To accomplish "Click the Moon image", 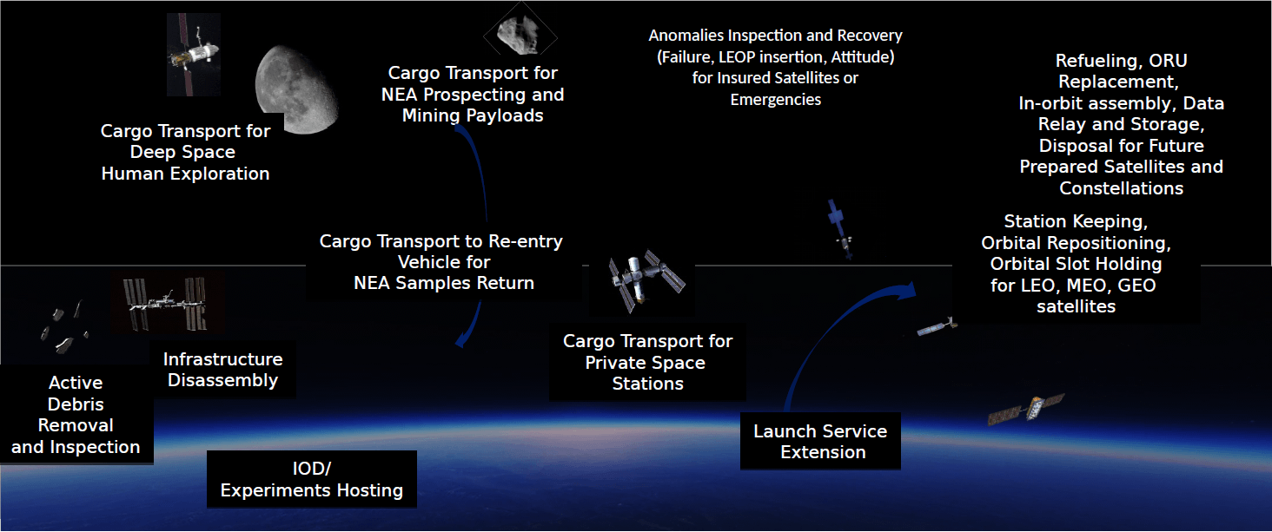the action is point(296,89).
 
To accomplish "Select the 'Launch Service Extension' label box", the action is point(820,441).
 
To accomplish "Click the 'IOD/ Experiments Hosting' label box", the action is point(312,479).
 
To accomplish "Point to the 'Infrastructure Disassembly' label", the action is point(222,369).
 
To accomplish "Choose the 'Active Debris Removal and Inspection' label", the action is point(76,415).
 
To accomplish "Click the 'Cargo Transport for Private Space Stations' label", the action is point(647,363).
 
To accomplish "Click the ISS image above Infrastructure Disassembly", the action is point(167,303).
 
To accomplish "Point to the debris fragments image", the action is point(63,328).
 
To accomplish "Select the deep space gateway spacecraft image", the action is point(194,55).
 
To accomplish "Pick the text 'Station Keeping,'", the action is point(1076,221).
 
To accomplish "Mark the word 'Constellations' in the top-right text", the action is point(1121,188).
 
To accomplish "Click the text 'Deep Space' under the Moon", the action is point(182,153).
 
